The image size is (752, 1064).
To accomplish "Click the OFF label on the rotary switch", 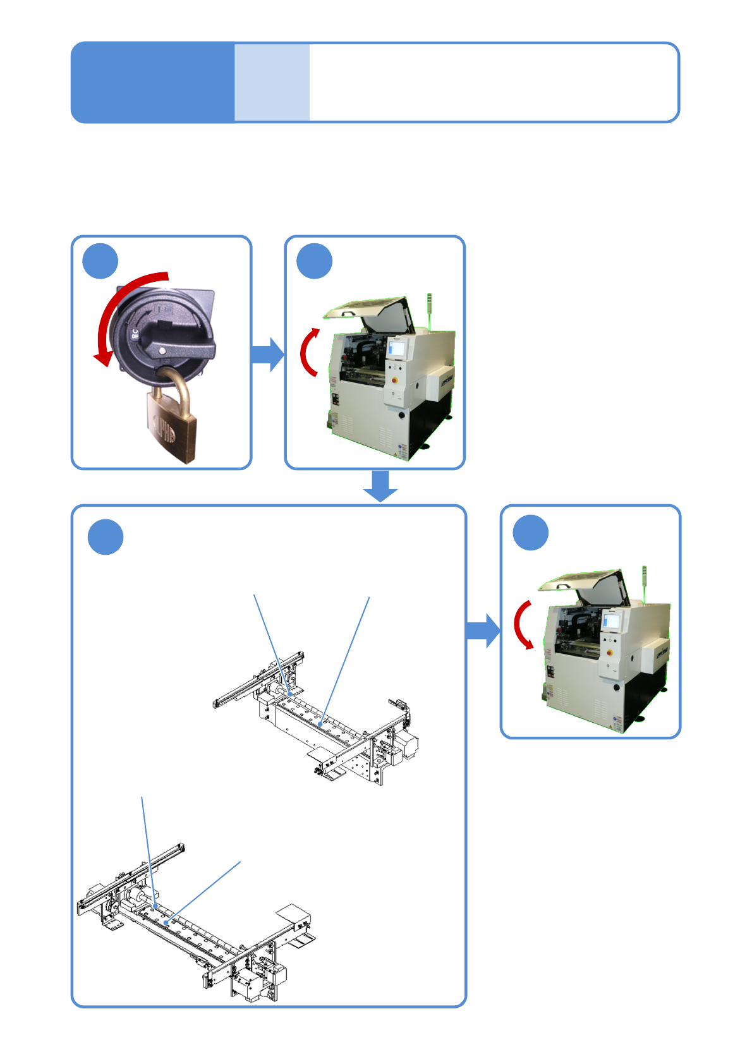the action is click(x=135, y=336).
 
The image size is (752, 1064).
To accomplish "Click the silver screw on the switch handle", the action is click(x=163, y=351).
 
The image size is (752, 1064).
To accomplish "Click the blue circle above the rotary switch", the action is click(x=100, y=260).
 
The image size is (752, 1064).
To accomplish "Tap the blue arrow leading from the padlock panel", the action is click(x=267, y=354).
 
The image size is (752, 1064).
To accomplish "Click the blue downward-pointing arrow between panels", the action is click(x=380, y=485).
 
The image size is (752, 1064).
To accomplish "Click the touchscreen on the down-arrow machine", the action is click(x=611, y=620).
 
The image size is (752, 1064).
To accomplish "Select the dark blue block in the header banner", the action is click(x=152, y=82).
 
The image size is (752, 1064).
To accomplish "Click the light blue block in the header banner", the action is click(x=272, y=82).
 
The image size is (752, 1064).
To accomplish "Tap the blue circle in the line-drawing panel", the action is click(x=106, y=536).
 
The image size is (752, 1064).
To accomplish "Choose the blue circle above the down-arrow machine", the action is click(x=530, y=533).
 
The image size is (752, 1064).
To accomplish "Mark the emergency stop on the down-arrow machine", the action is click(x=611, y=653).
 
